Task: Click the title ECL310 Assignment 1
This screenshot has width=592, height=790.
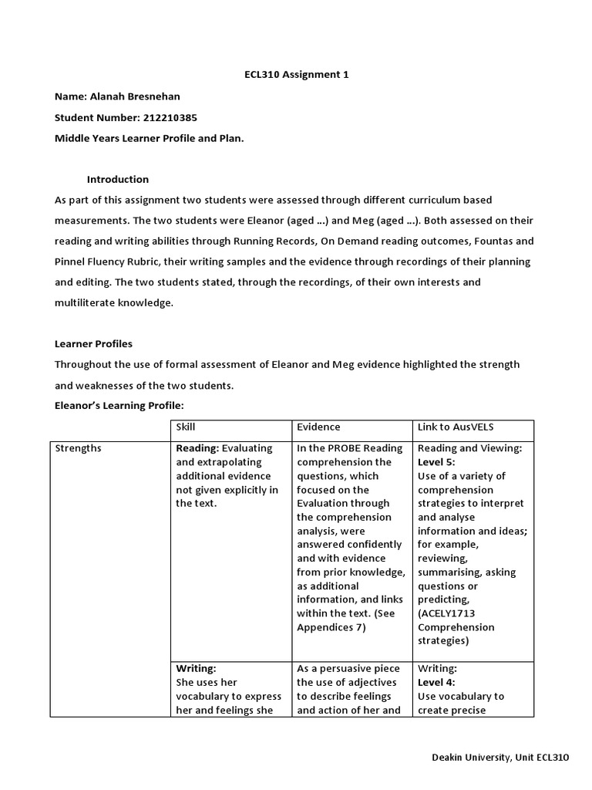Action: (296, 75)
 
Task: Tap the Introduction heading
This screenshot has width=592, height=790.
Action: (117, 179)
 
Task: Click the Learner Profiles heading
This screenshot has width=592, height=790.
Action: (93, 343)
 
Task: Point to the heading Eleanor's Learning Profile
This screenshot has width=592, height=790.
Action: (119, 405)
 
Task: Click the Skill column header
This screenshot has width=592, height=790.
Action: (186, 427)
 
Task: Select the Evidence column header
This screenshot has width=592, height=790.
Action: (318, 427)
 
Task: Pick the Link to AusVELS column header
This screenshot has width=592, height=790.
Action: (453, 427)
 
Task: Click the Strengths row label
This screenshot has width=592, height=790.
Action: (78, 447)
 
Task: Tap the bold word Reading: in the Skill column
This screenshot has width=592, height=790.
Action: (198, 447)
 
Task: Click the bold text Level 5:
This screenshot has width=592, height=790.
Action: (436, 461)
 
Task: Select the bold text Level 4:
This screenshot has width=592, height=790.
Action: (436, 682)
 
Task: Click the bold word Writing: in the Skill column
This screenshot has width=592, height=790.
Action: (196, 668)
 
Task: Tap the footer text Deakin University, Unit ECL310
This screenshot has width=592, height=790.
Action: (499, 758)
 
